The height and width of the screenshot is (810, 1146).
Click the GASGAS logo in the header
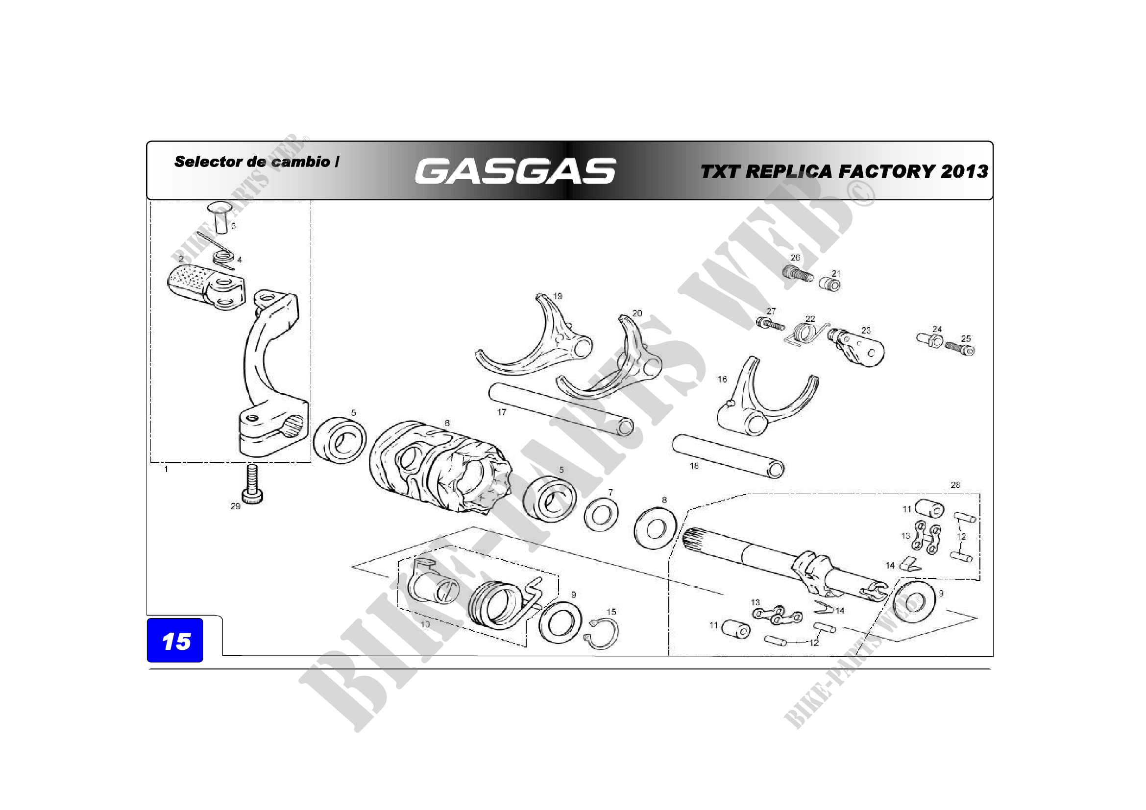(x=515, y=171)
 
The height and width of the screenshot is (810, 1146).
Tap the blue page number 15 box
(x=175, y=641)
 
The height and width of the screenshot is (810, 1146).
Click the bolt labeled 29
(x=252, y=483)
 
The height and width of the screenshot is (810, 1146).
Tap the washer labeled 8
(x=655, y=528)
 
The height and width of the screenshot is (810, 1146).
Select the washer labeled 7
(x=601, y=515)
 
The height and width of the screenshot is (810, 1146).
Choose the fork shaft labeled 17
(x=561, y=408)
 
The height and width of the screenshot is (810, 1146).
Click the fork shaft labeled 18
(x=728, y=456)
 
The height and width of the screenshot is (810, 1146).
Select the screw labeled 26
(x=798, y=273)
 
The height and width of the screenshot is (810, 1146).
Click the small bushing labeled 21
(x=829, y=285)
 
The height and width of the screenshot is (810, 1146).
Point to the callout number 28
(x=955, y=485)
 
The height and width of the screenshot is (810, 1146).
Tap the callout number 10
(x=425, y=624)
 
